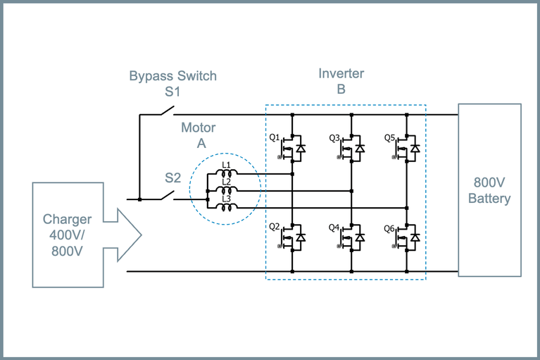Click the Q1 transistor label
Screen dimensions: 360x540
coord(275,137)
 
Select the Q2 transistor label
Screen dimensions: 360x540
coord(275,228)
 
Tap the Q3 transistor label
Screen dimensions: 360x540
coord(334,137)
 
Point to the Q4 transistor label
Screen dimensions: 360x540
coord(334,228)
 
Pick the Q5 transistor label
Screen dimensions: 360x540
coord(389,137)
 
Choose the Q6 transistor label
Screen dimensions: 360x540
coord(389,228)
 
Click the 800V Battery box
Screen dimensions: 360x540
coord(489,190)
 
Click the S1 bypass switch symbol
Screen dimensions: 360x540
coord(166,111)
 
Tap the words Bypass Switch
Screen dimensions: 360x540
coord(172,75)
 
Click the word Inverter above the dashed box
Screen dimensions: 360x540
coord(341,73)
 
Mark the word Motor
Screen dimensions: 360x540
coord(199,128)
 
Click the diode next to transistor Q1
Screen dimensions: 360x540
coord(301,149)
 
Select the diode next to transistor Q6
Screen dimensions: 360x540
coord(415,239)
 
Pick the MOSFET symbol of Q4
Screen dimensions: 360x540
coord(346,239)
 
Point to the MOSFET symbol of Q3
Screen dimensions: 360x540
coord(346,149)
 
